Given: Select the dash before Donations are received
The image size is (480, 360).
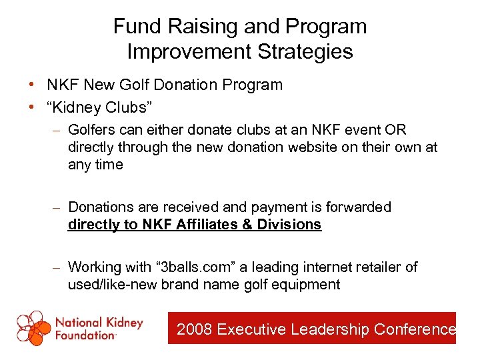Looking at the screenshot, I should click(x=58, y=207).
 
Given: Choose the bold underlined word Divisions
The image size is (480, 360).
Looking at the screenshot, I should click(x=289, y=225).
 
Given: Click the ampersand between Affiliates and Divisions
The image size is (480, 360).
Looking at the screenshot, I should click(x=247, y=225).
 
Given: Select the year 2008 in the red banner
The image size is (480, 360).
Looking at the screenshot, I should click(x=194, y=329).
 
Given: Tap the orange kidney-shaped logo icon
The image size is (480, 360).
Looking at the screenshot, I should click(x=34, y=328).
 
